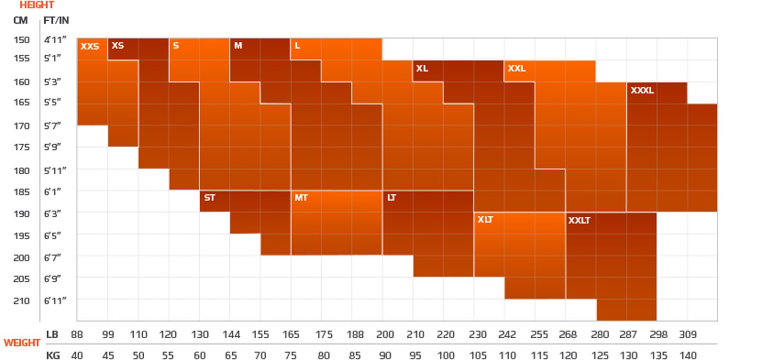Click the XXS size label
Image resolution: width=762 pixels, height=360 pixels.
[x=89, y=47]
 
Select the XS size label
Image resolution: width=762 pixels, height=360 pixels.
[x=117, y=46]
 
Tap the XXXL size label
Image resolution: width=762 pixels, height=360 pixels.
[x=642, y=91]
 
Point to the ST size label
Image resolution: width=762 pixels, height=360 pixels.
[x=209, y=198]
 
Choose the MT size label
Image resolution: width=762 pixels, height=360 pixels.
[x=301, y=198]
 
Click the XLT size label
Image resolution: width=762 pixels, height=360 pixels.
[x=485, y=220]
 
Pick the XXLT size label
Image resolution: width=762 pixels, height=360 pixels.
[x=579, y=221]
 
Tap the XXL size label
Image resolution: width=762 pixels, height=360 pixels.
[x=517, y=69]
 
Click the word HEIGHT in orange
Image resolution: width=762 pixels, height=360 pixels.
[x=37, y=5]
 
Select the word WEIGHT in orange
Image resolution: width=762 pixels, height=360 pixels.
[x=22, y=343]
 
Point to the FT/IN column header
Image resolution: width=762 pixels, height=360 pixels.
[x=56, y=21]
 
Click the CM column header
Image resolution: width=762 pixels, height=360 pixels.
[x=21, y=21]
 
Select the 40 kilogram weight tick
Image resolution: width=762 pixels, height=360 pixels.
[x=77, y=355]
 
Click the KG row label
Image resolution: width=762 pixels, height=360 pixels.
[x=53, y=355]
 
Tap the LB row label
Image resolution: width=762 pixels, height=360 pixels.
[x=52, y=335]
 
